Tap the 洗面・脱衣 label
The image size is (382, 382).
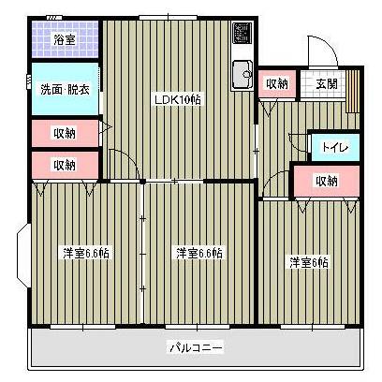(x=64, y=91)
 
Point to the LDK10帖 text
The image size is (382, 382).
(x=177, y=99)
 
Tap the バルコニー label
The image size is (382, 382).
(x=196, y=348)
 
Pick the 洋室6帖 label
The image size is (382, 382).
(x=308, y=263)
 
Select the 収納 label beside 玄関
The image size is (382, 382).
(x=277, y=83)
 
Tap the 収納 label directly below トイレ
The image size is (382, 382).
(x=326, y=182)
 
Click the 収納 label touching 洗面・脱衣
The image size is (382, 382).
(x=64, y=133)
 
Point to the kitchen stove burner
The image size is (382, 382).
(x=242, y=36)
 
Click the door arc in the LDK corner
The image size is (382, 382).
(x=120, y=161)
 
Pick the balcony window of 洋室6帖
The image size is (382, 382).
(x=308, y=325)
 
